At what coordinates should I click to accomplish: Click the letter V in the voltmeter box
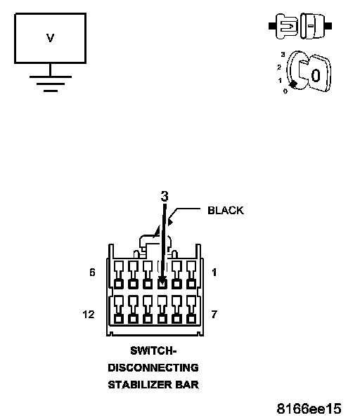50,38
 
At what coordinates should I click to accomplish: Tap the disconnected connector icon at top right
300,26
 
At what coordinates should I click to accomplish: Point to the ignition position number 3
283,54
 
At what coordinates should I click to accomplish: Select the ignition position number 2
279,67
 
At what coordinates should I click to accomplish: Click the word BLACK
226,211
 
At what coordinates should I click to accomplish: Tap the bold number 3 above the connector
165,196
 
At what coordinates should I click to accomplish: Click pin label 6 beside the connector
92,273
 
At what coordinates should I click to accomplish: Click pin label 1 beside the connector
214,273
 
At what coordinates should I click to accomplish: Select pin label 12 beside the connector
89,314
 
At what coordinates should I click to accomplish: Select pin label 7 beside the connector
214,314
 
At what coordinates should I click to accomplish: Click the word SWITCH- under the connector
153,350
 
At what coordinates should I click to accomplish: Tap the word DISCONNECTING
153,368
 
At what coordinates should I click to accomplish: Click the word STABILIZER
140,385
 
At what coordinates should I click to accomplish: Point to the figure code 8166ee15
309,409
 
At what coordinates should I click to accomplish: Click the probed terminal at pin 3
162,283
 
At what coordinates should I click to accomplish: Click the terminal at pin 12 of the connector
119,319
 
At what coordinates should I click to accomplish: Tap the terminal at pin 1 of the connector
191,283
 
